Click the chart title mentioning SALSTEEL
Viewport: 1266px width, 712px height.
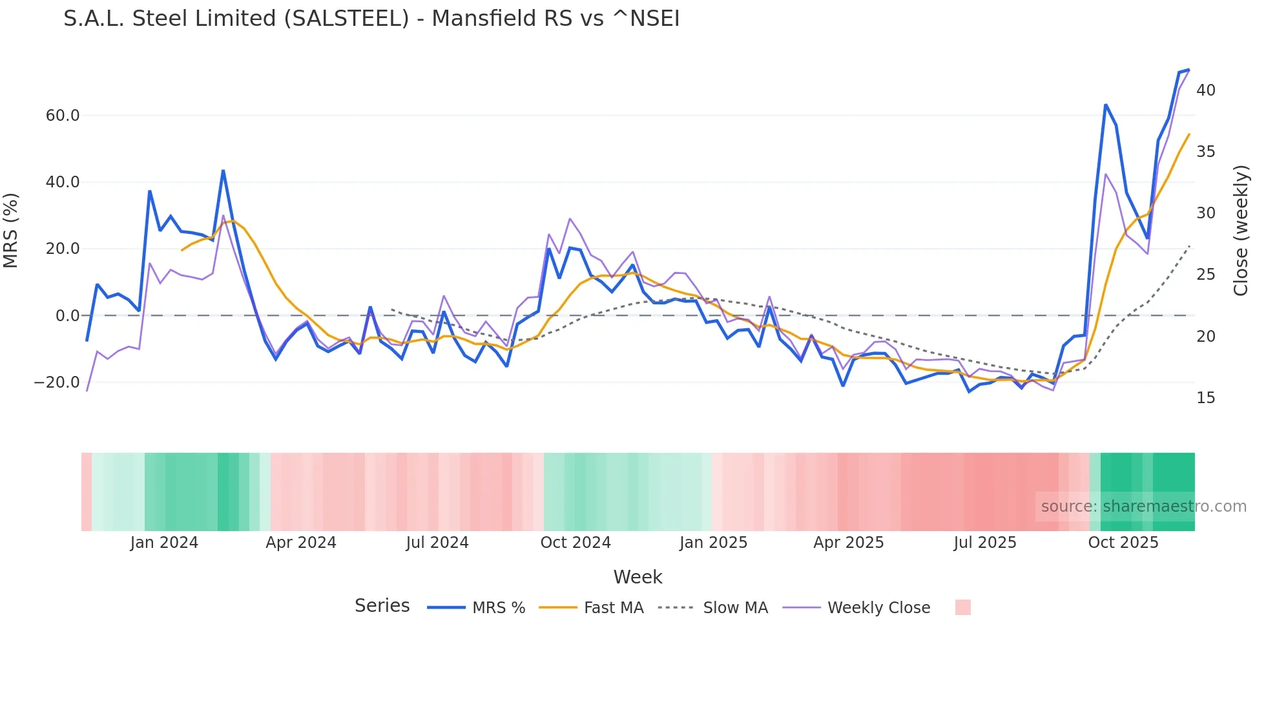(x=371, y=19)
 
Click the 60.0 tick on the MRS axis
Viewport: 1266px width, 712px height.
(x=63, y=116)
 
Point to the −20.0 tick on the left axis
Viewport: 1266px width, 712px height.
(x=57, y=382)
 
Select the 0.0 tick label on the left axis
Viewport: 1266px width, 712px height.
(x=67, y=316)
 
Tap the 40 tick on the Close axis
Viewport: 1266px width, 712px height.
(x=1205, y=90)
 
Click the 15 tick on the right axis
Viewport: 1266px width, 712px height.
(x=1205, y=398)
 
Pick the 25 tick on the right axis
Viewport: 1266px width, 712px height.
(x=1205, y=275)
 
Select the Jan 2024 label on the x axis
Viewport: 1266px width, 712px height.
(x=164, y=543)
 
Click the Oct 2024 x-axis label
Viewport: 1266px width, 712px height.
(x=576, y=543)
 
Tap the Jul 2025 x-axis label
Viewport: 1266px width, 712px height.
(x=985, y=543)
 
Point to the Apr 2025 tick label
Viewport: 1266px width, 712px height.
(x=849, y=543)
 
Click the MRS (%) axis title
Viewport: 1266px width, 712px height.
(x=11, y=231)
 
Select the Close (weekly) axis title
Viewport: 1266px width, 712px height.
(x=1241, y=231)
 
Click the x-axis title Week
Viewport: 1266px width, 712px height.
(x=638, y=577)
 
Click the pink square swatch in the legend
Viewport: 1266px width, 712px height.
(x=962, y=607)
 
